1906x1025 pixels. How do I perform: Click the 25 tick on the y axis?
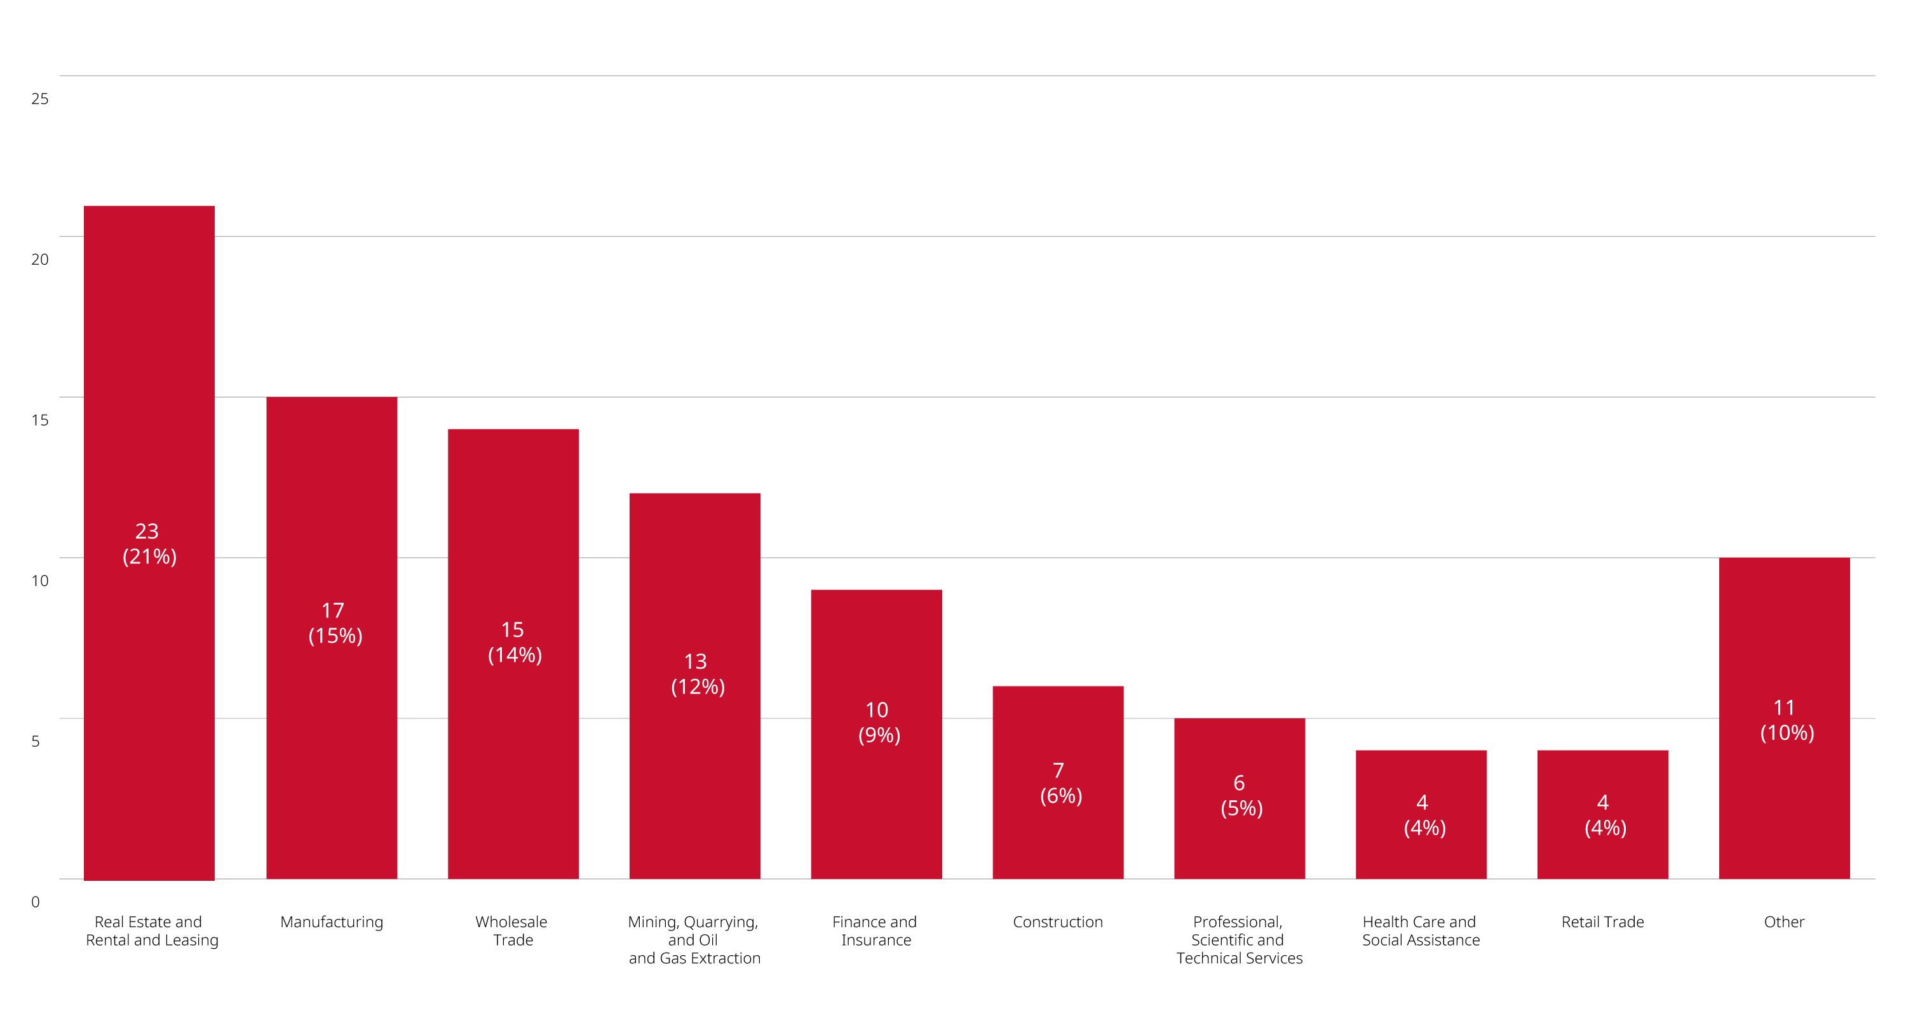tap(40, 99)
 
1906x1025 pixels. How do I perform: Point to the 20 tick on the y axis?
tap(40, 260)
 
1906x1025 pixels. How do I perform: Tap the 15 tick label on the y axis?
tap(40, 420)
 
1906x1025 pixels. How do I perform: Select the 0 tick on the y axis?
tap(36, 902)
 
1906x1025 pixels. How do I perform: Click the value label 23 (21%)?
tap(149, 544)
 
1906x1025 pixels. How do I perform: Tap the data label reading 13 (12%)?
tap(697, 674)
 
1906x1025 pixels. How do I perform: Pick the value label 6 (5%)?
tap(1241, 795)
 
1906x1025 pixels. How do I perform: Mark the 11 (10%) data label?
tap(1786, 720)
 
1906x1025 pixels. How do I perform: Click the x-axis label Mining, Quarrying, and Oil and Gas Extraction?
tap(694, 940)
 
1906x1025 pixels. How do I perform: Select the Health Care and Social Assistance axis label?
tap(1421, 931)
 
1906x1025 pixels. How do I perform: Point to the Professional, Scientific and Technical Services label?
tap(1240, 940)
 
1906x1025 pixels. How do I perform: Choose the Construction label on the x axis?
tap(1057, 922)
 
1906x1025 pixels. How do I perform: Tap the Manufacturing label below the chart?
tap(332, 922)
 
